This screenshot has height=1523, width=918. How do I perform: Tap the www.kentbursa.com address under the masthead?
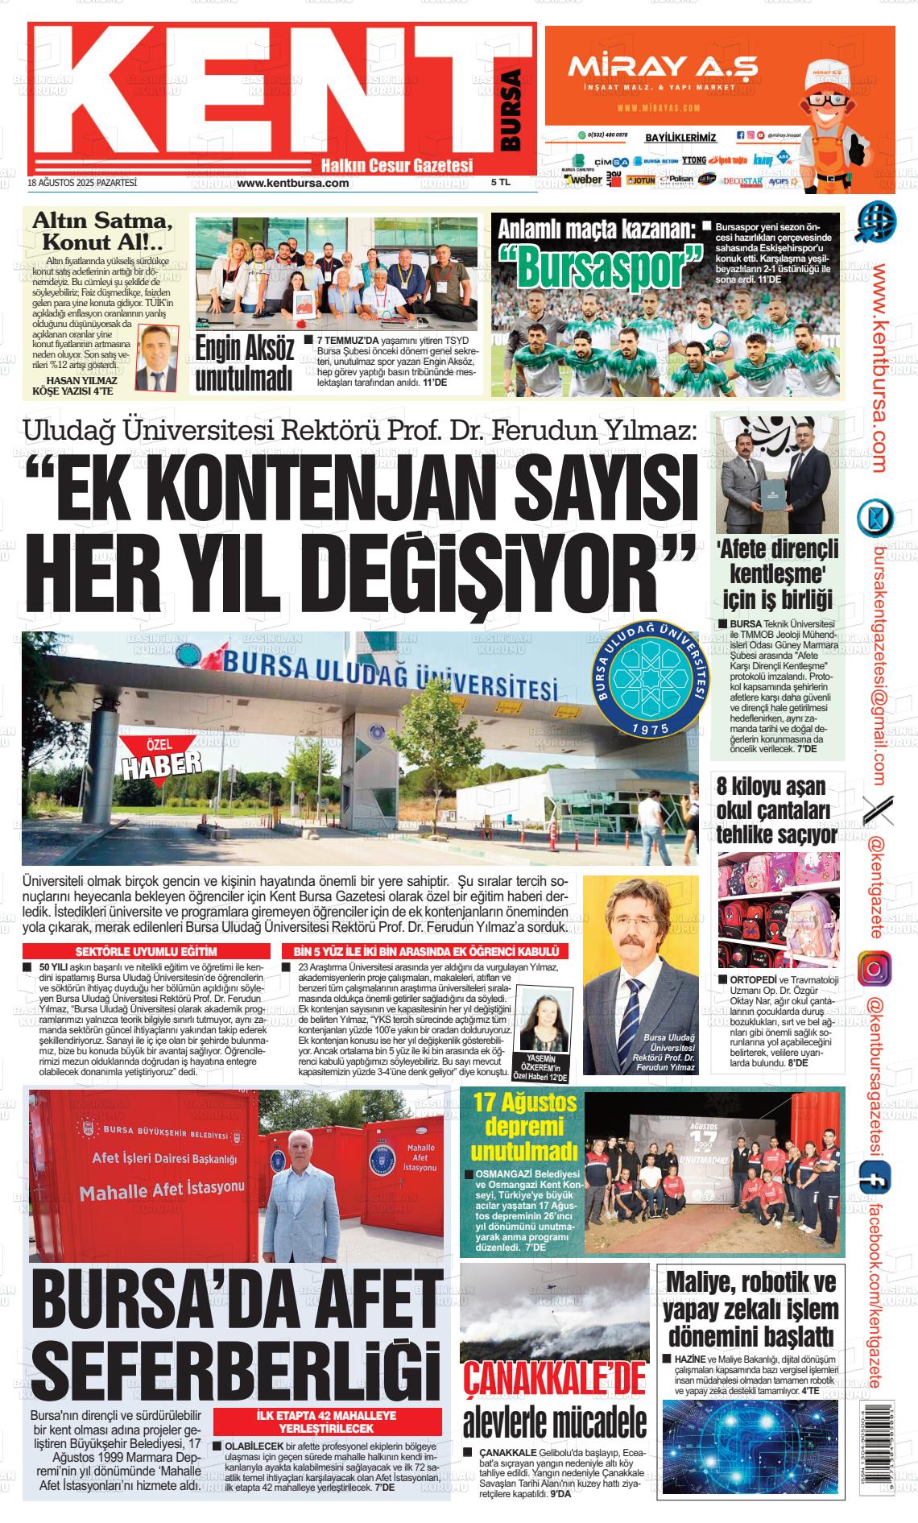coord(293,183)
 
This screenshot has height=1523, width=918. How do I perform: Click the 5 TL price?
coord(501,183)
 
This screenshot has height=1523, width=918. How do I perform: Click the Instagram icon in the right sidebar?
coord(873,968)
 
